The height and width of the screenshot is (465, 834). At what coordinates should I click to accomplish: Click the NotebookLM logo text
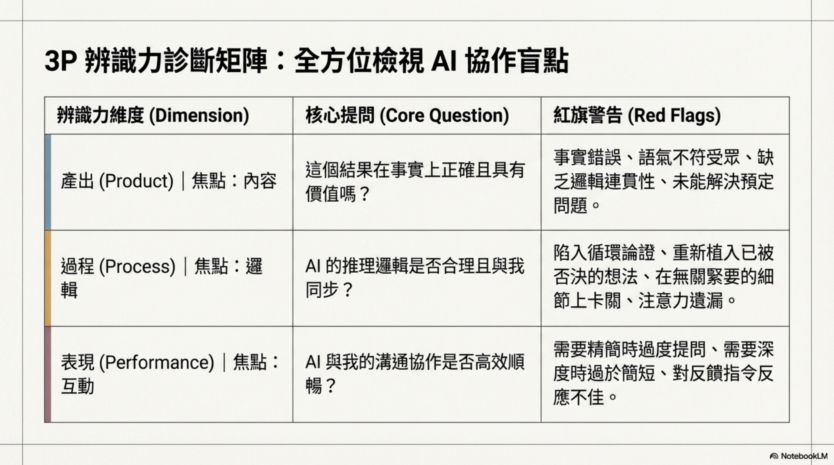tap(804, 456)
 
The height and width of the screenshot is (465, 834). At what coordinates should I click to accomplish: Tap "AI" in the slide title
tap(444, 61)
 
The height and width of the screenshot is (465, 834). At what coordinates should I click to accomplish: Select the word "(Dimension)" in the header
tap(199, 115)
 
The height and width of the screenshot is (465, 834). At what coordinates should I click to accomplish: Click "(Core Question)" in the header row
tap(444, 115)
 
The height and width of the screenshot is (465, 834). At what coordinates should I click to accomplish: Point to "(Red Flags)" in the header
tap(674, 115)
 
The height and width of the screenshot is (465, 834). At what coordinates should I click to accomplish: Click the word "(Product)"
tap(136, 181)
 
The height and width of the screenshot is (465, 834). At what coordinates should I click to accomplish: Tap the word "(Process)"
tap(137, 266)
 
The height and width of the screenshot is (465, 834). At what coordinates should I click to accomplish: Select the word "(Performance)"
tap(156, 362)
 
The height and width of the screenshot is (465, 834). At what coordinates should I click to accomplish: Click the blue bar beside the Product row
tap(48, 182)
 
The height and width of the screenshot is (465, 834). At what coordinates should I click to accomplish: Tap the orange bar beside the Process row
tap(48, 278)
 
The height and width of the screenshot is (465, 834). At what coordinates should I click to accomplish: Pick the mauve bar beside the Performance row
tap(48, 374)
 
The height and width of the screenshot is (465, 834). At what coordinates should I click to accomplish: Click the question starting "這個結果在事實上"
tap(415, 182)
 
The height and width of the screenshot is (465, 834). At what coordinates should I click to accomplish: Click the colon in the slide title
tap(281, 62)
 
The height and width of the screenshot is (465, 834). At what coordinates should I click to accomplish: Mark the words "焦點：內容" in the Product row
tap(234, 181)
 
